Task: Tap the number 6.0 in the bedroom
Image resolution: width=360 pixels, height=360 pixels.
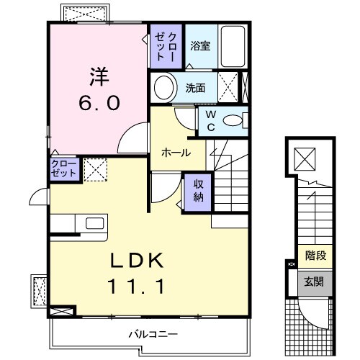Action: pos(99,102)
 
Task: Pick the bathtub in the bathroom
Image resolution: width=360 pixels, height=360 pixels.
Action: pos(232,46)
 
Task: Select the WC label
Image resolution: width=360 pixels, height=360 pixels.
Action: pos(211,120)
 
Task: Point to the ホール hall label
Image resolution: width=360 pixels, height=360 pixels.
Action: pos(176,153)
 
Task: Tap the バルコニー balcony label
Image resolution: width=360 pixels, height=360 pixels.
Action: pos(153,334)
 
